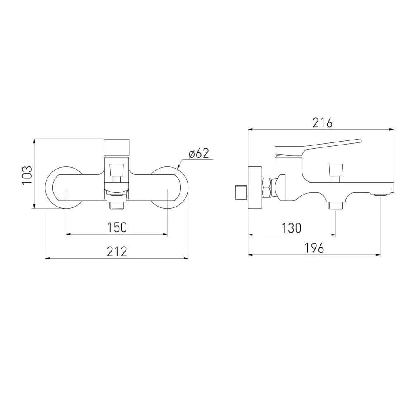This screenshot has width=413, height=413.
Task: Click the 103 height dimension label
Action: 27,176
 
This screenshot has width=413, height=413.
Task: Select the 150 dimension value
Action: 117,227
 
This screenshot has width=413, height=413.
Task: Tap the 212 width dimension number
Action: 117,252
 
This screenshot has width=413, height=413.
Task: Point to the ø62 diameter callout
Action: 199,153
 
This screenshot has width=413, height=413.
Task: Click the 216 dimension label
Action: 323,123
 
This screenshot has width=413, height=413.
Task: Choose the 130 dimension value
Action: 291,228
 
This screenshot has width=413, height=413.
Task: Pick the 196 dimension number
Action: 314,248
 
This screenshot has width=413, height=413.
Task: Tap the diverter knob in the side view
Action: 336,173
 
